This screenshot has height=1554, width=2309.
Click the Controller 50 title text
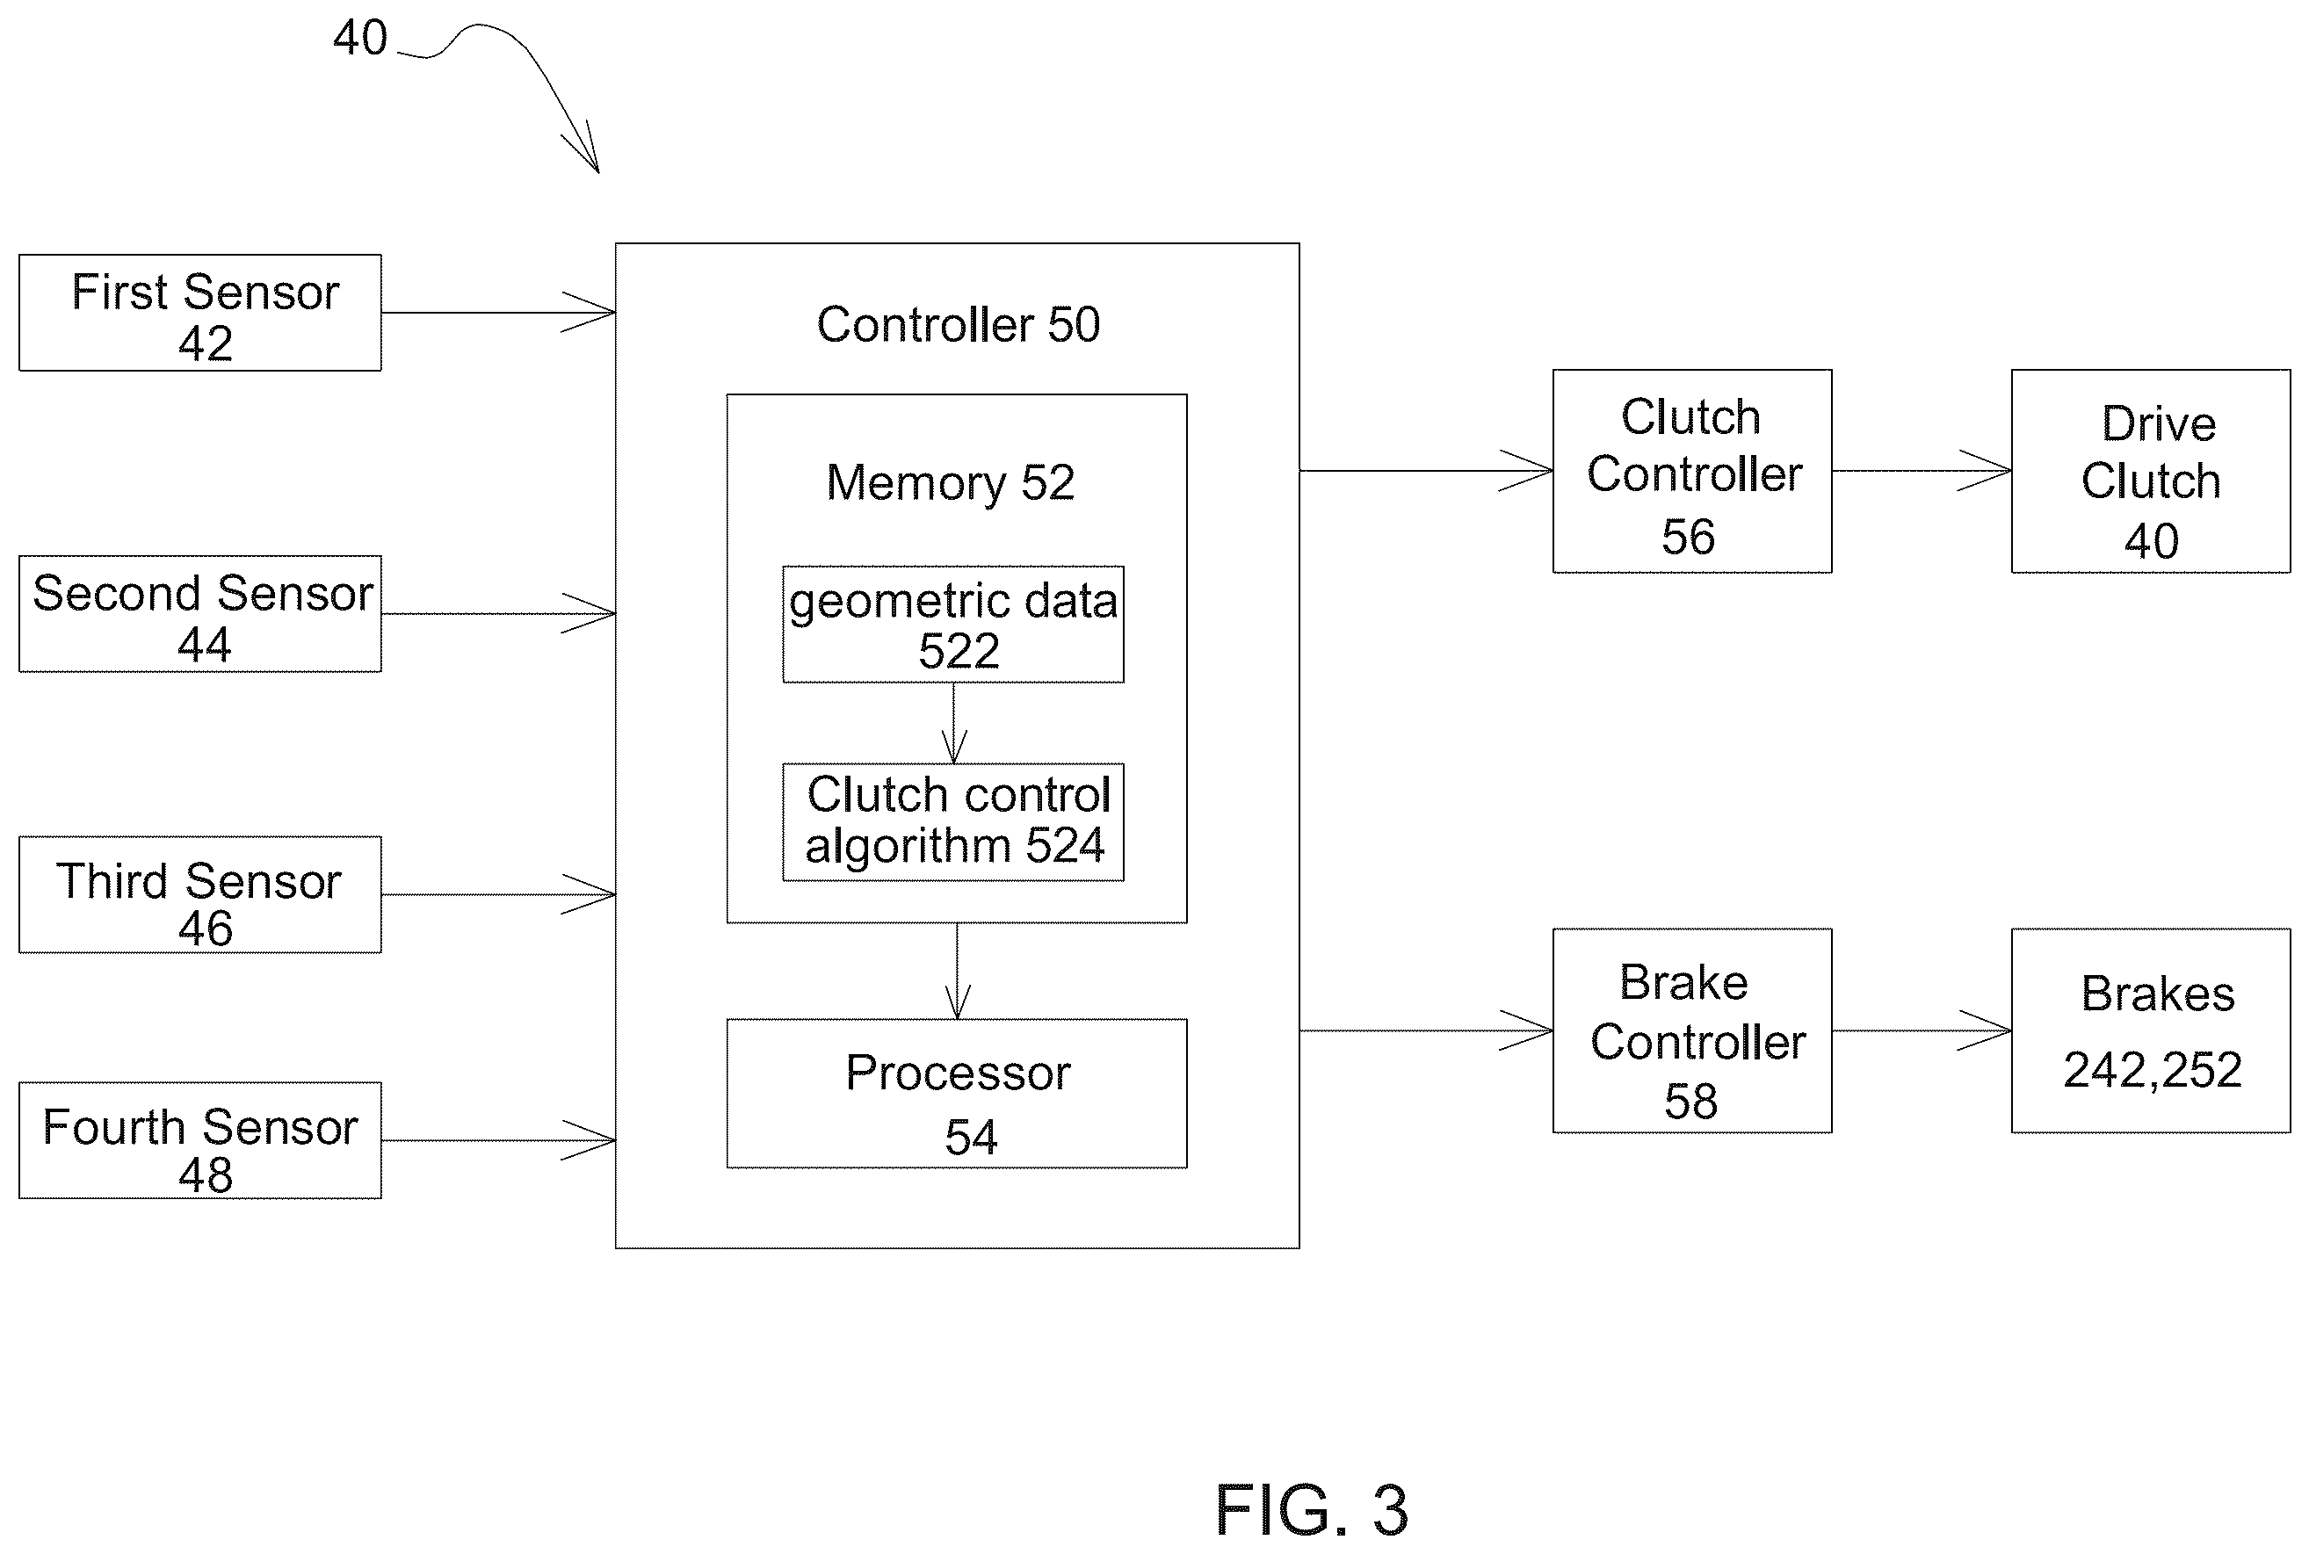(x=959, y=324)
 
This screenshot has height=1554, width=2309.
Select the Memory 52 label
(x=951, y=484)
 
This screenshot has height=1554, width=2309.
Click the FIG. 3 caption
(x=1311, y=1510)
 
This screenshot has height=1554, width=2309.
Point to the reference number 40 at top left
(x=359, y=38)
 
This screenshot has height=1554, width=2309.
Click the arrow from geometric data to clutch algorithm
(x=954, y=724)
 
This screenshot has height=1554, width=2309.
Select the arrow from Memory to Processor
(x=958, y=972)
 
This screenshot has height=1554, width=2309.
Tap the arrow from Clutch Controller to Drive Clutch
(x=1922, y=471)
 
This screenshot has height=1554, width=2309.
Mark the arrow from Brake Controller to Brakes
(x=1922, y=1030)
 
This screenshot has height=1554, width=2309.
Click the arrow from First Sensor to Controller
(x=498, y=312)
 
